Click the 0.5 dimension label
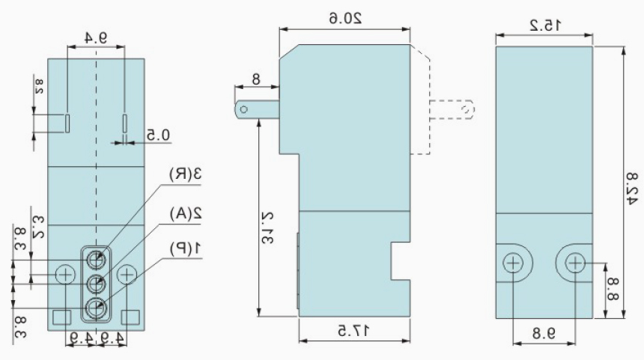[158, 135]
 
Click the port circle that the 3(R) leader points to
[95, 258]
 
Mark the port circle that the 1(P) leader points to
[95, 306]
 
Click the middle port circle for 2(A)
[95, 283]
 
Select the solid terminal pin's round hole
[244, 109]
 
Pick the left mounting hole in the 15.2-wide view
[513, 263]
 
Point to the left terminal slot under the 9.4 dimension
[67, 122]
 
